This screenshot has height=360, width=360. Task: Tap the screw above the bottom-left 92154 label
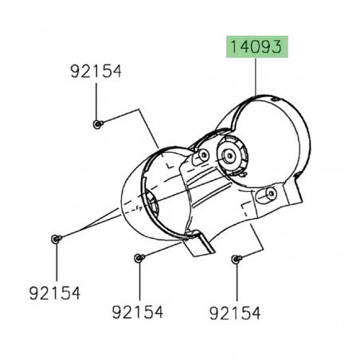pos(54,238)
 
